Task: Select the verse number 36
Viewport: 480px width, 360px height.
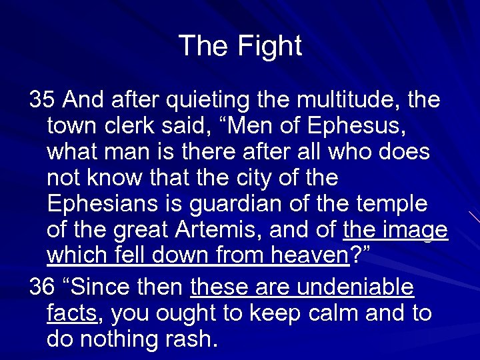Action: pyautogui.click(x=42, y=288)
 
